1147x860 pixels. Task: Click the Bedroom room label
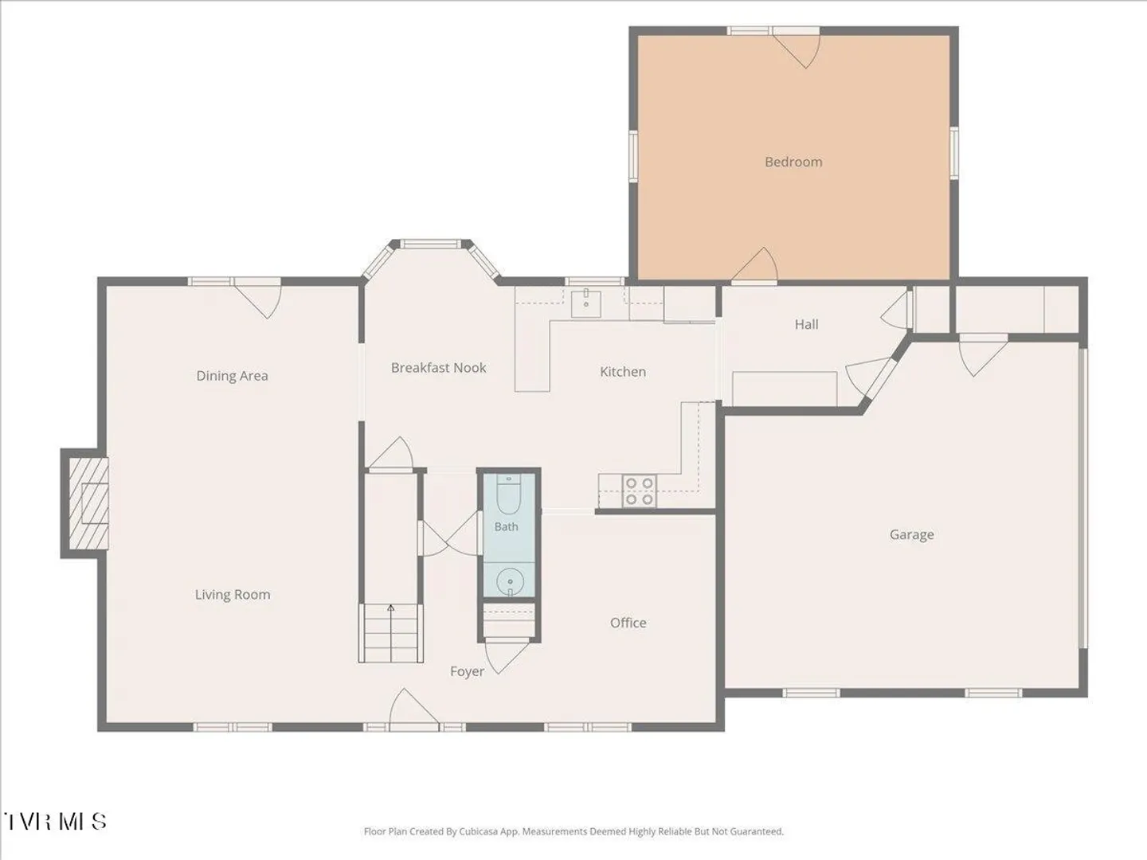pos(793,162)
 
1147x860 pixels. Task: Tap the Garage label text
pos(912,534)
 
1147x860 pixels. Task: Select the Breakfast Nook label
pos(438,368)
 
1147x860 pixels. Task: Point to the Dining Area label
pos(232,376)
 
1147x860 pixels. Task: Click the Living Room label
pos(233,594)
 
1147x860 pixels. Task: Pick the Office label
pos(628,623)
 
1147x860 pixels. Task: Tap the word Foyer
pos(467,671)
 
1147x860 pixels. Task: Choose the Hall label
pos(806,324)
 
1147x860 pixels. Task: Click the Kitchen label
pos(623,372)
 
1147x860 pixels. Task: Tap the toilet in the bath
pos(508,494)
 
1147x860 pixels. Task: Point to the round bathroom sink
pos(510,581)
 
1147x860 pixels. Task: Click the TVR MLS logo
pos(54,821)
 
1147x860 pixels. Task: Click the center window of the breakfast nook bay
pos(431,244)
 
